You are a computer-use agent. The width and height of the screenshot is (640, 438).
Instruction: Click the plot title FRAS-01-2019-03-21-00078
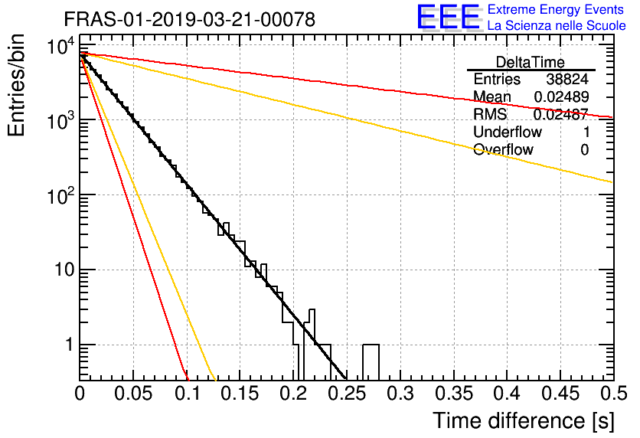190,19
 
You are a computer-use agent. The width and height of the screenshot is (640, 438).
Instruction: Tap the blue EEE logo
449,17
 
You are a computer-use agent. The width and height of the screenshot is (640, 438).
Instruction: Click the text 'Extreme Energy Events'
556,9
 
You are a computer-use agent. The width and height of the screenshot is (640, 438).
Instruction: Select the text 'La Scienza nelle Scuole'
557,26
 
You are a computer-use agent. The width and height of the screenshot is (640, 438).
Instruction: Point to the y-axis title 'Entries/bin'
16,85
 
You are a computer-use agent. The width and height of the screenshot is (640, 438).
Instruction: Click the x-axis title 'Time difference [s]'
524,421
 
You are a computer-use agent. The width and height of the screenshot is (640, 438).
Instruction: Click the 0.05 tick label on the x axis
133,394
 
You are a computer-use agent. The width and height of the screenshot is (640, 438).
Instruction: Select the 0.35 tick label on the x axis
454,394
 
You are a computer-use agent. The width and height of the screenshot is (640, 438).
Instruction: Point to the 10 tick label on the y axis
64,270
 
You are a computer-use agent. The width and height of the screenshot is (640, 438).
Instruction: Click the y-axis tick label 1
69,345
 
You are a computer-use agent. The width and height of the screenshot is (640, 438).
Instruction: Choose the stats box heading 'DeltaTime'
531,62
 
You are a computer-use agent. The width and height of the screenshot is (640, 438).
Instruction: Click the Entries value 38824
567,79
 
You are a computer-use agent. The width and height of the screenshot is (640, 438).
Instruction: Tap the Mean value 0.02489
562,96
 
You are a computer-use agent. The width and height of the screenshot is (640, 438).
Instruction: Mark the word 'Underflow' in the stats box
508,132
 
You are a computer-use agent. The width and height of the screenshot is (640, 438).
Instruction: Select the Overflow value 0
584,150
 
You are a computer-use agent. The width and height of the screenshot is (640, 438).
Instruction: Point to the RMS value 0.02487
561,114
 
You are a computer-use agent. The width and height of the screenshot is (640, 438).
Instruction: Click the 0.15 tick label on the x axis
240,394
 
